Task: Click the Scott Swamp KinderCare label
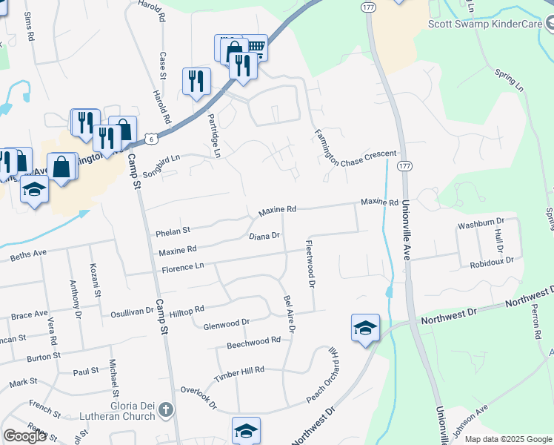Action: click(x=486, y=24)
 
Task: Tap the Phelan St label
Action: click(x=173, y=231)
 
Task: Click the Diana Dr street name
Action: click(x=264, y=237)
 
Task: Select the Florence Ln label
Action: click(x=178, y=267)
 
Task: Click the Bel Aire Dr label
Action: click(x=289, y=314)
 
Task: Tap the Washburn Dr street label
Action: click(x=481, y=222)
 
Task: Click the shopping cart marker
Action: click(x=255, y=48)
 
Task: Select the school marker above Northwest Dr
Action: click(x=366, y=329)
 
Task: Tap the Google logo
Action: click(x=24, y=436)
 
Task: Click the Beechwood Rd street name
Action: click(x=253, y=340)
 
